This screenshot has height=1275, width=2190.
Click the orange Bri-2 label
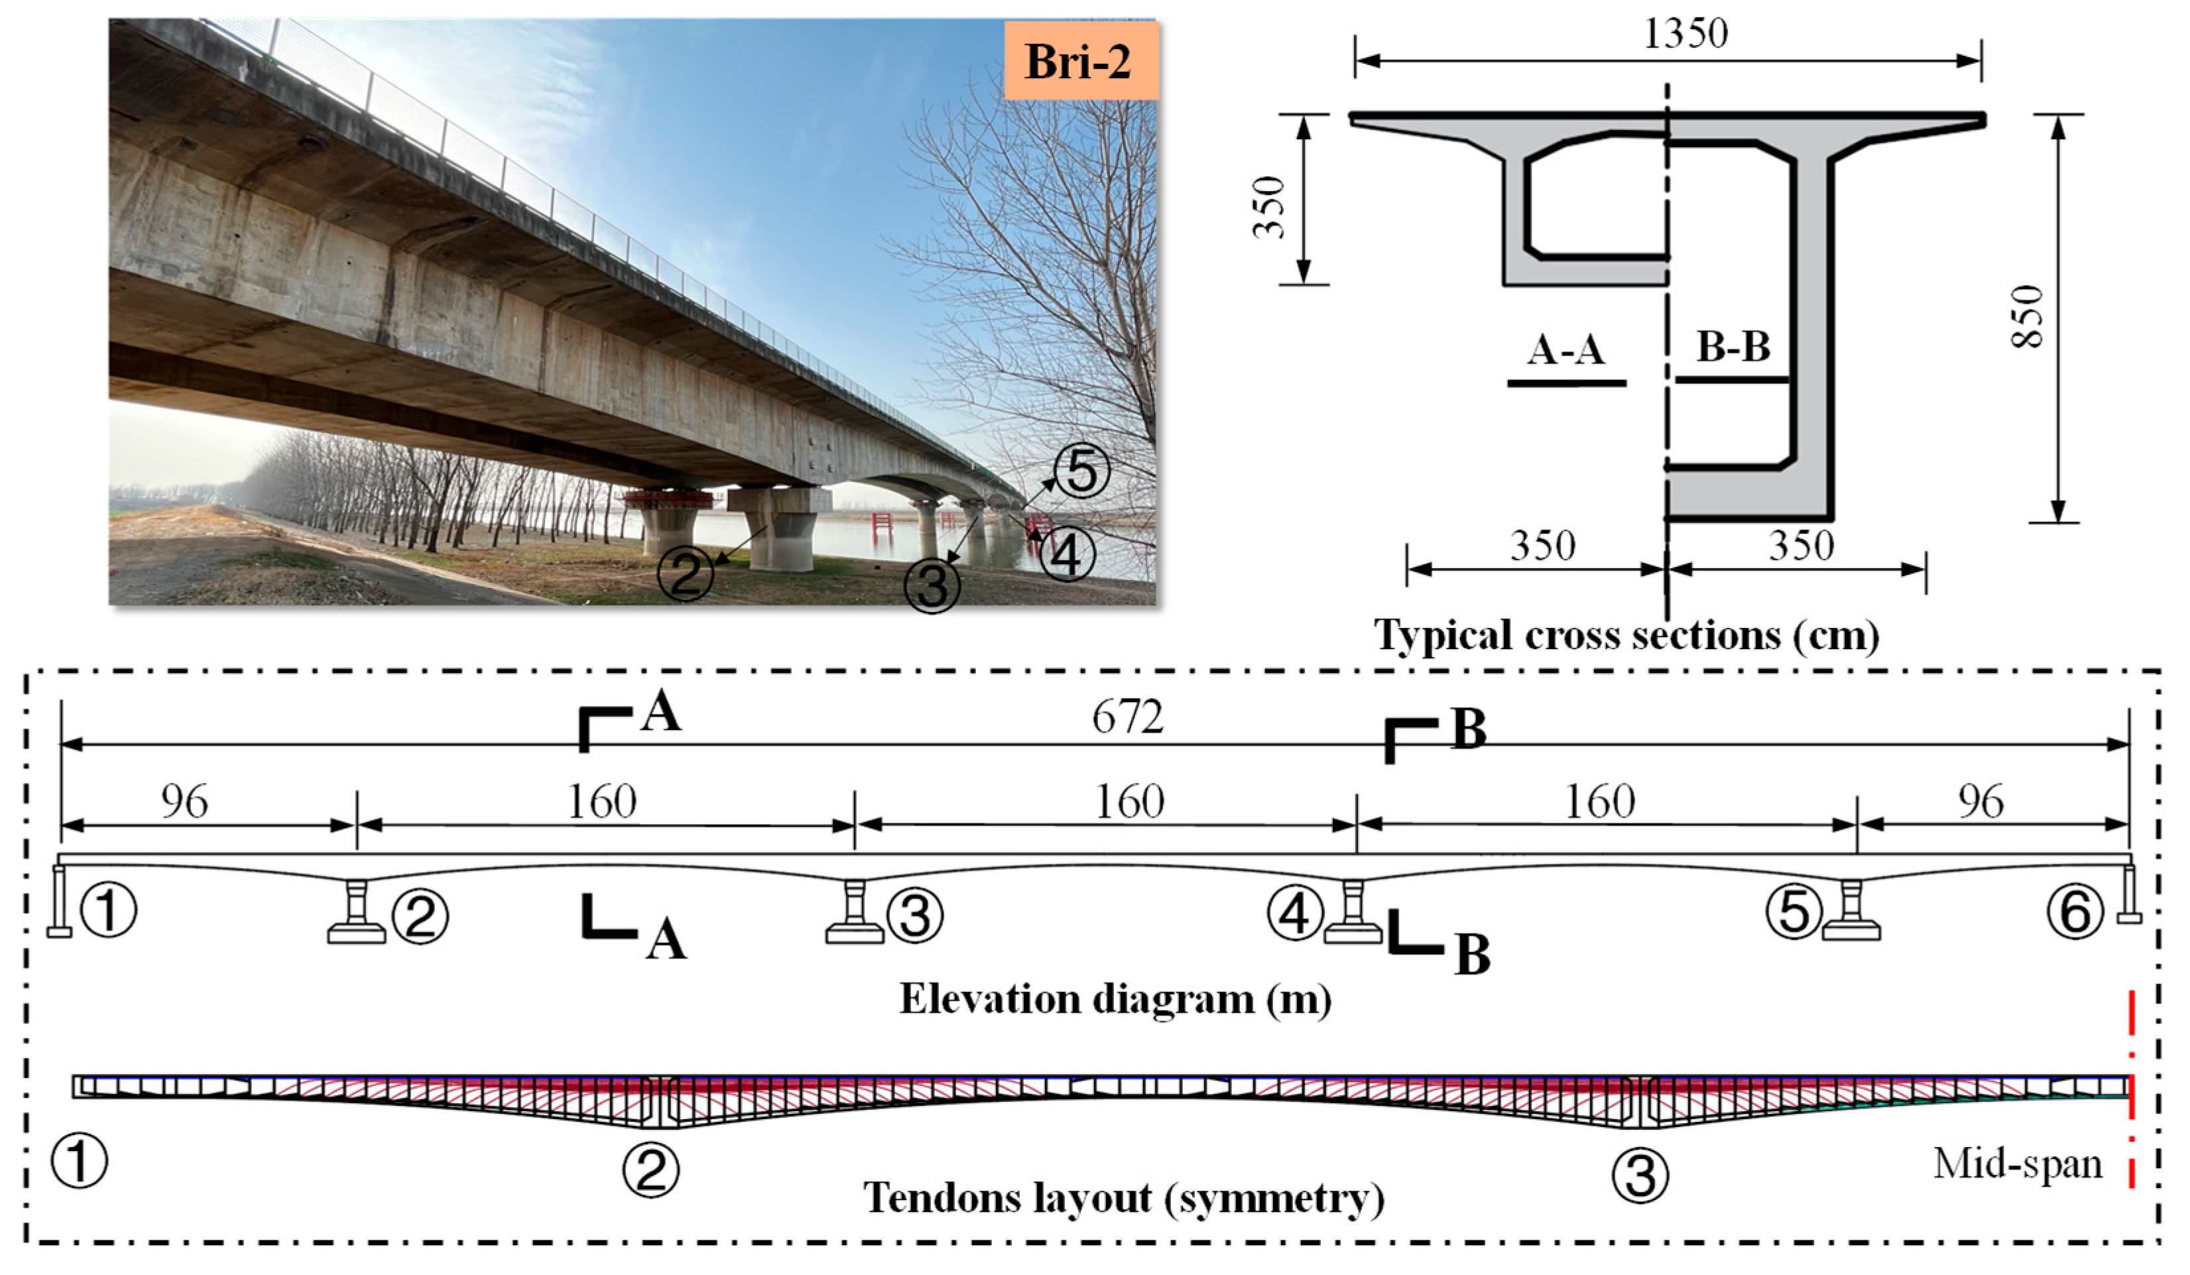pyautogui.click(x=1079, y=61)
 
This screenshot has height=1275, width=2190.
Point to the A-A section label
pyautogui.click(x=1566, y=349)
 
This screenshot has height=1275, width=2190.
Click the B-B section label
pyautogui.click(x=1733, y=347)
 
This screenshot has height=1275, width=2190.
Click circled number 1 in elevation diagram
pyautogui.click(x=108, y=912)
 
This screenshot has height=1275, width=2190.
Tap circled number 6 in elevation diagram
pyautogui.click(x=2075, y=912)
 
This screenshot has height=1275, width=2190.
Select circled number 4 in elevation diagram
pyautogui.click(x=1295, y=914)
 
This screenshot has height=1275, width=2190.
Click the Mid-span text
pyautogui.click(x=2017, y=1163)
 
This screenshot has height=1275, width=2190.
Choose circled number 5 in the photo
pyautogui.click(x=1081, y=472)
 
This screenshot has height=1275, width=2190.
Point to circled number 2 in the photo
pyautogui.click(x=685, y=574)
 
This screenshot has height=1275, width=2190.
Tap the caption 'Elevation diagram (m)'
pyautogui.click(x=1115, y=999)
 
